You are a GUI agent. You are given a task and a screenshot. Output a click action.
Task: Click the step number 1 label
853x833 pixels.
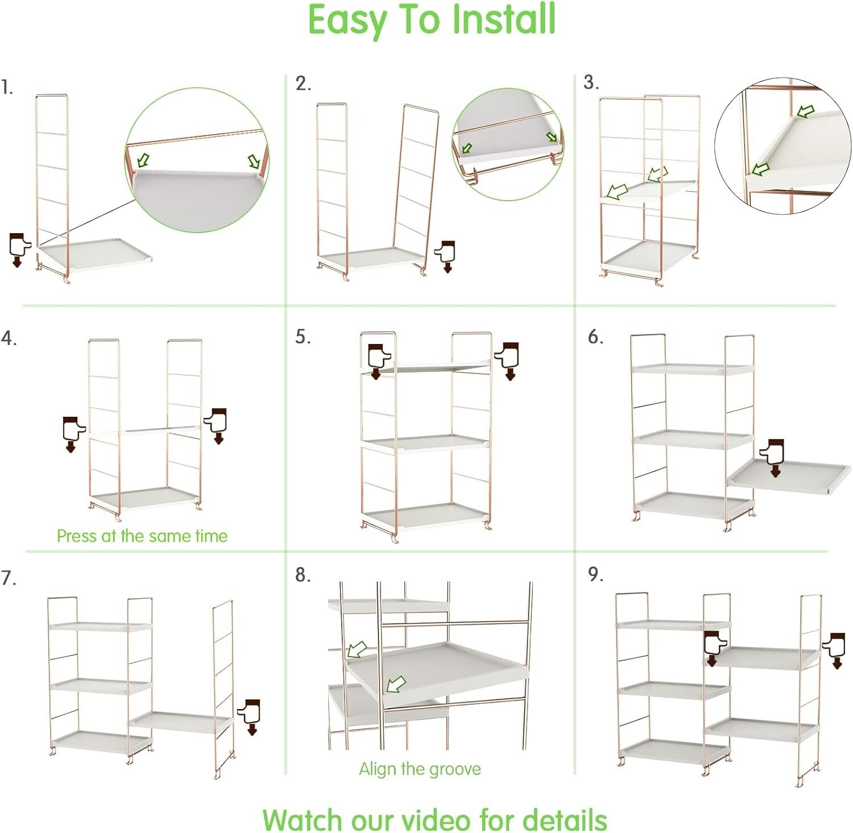pos(7,88)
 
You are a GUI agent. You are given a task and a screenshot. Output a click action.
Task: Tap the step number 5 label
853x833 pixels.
pos(303,337)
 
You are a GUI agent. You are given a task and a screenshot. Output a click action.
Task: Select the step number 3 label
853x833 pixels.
pos(591,82)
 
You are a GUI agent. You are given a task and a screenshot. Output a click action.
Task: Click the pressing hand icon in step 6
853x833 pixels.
pos(772,458)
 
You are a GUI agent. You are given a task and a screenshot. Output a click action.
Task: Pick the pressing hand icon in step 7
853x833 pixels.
pos(249,717)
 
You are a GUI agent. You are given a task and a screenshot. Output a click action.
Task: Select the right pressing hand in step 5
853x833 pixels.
pos(507,361)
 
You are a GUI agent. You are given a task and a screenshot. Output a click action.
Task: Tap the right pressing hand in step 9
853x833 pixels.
pos(834,650)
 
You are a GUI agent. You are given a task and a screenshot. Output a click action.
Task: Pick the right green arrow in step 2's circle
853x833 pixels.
pos(552,136)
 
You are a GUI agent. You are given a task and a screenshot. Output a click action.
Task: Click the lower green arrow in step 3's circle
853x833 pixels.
pos(760,169)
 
